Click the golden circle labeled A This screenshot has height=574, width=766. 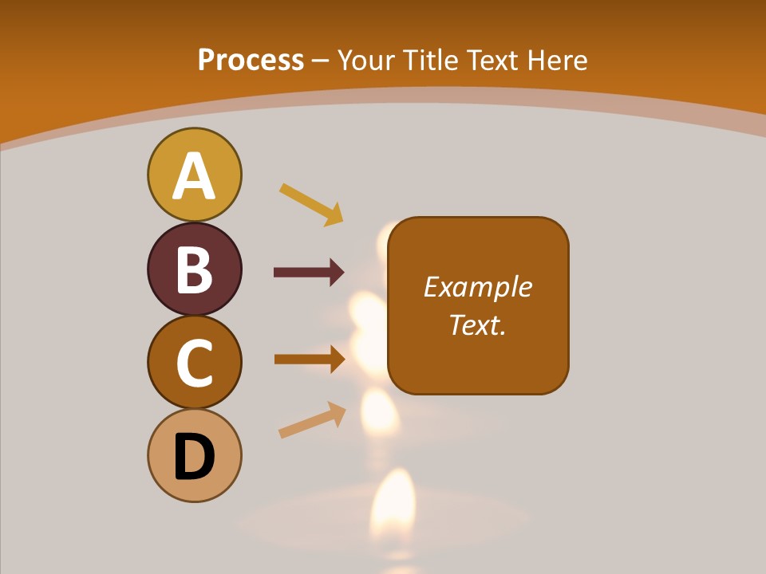tap(194, 175)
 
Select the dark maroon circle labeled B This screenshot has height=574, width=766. tap(194, 269)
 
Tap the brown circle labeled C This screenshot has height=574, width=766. tap(194, 363)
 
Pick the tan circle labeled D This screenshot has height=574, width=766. tap(194, 456)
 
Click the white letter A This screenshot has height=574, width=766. tap(194, 175)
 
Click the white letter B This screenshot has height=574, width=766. tap(194, 269)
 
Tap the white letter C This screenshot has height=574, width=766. tap(194, 364)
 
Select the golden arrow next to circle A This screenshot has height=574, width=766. tap(311, 204)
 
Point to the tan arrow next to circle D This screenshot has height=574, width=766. tap(312, 420)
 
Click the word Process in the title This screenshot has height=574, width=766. tap(251, 61)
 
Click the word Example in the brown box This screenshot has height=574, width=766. tap(478, 287)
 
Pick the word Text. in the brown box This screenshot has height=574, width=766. tap(478, 324)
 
